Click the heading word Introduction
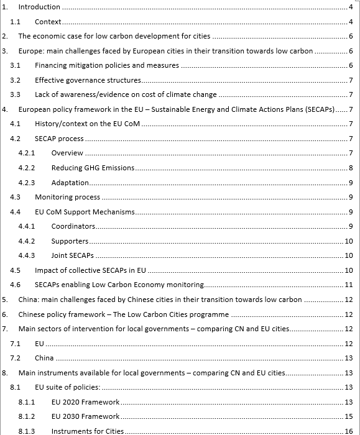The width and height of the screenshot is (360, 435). point(39,7)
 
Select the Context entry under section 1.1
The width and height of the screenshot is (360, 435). point(48,22)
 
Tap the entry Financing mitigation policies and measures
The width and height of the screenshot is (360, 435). point(106,65)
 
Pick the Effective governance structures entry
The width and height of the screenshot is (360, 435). point(88,80)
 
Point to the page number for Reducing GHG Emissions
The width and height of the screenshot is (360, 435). point(351,168)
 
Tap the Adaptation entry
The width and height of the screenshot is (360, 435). point(70,183)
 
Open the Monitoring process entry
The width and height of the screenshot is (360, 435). point(67,197)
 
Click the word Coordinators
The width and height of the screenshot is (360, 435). point(73,226)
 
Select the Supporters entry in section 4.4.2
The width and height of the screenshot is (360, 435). point(70,241)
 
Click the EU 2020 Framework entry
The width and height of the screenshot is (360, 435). point(85,402)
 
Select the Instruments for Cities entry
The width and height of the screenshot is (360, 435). point(88,431)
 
